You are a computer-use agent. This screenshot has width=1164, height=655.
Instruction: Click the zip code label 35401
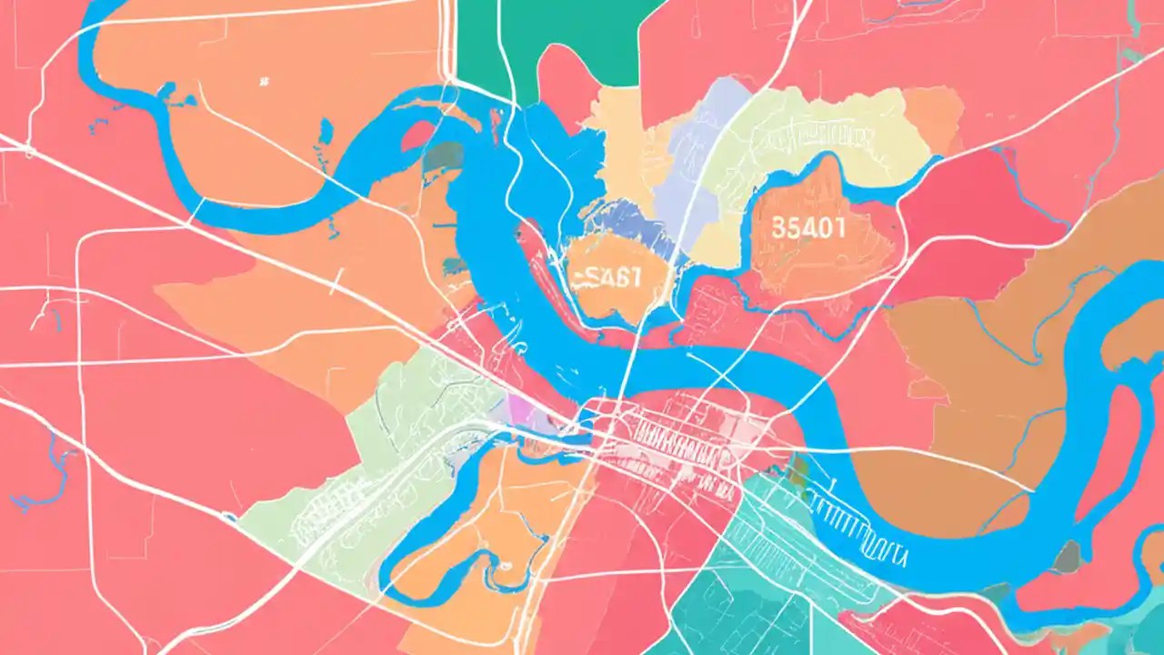807,227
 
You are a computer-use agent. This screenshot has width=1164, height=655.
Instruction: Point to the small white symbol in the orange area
264,82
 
